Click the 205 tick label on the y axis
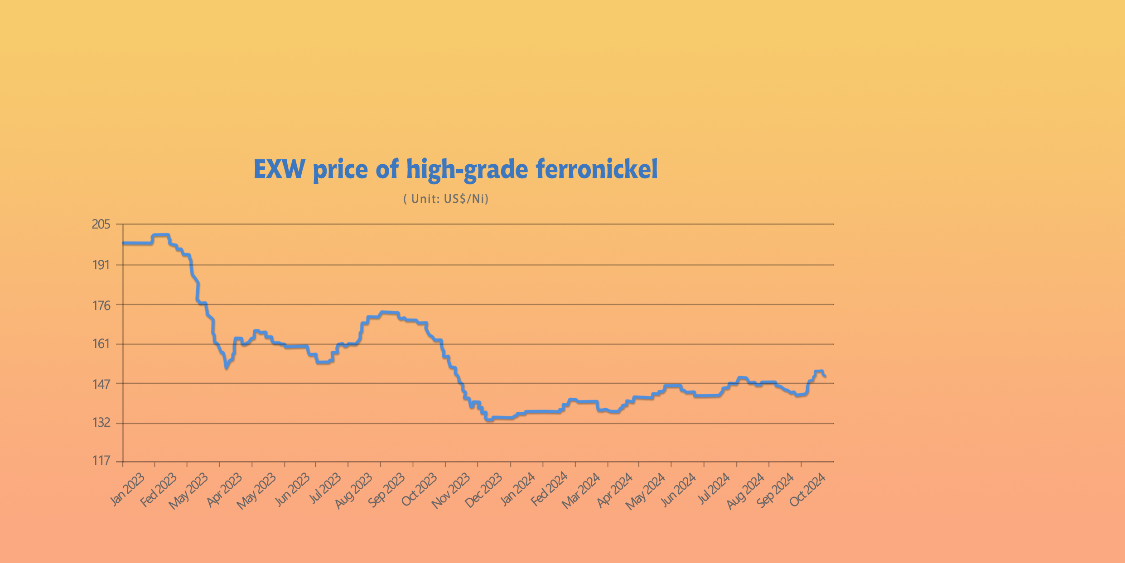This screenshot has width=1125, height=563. click(x=101, y=224)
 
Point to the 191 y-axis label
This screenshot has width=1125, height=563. click(x=101, y=265)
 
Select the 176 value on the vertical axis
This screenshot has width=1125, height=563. click(x=101, y=305)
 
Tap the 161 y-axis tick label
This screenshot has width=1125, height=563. click(x=101, y=344)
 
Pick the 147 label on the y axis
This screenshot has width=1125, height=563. click(x=101, y=384)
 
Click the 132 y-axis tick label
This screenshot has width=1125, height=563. click(x=101, y=423)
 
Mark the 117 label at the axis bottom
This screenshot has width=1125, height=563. click(x=101, y=461)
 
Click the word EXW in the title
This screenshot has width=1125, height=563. click(x=279, y=169)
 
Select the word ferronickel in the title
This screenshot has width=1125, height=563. click(x=596, y=169)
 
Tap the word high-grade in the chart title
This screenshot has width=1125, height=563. click(x=467, y=170)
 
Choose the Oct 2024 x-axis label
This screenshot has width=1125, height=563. click(x=807, y=490)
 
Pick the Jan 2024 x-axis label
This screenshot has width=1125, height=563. click(x=517, y=489)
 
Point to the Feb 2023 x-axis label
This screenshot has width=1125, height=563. click(x=158, y=490)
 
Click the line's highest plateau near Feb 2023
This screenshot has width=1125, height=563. click(x=161, y=235)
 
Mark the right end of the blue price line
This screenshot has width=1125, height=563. click(x=825, y=376)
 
